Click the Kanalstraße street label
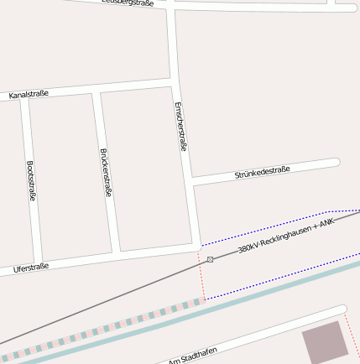tap(29, 96)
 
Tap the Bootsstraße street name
tap(31, 181)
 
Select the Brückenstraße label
tap(106, 173)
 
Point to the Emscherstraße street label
tap(180, 126)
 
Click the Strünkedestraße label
tap(262, 173)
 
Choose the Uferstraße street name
tap(31, 268)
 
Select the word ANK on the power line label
tap(326, 221)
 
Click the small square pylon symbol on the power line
tap(210, 259)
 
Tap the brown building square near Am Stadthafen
tap(324, 341)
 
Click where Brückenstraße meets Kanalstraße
tap(97, 89)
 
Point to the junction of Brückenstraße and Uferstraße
tap(116, 252)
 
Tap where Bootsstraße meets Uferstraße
tap(39, 263)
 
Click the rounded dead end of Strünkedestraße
tap(335, 162)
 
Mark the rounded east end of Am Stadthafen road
tap(342, 309)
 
